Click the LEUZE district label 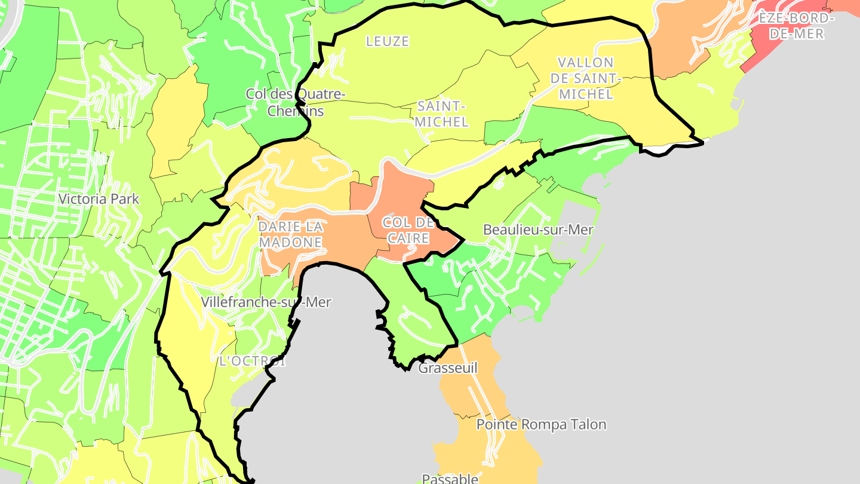388,41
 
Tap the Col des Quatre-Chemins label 295,102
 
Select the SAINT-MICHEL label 441,114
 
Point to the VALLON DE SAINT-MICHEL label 585,78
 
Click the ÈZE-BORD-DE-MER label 794,26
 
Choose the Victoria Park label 99,199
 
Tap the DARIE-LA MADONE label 291,234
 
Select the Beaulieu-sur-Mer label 538,229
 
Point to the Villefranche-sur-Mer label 266,302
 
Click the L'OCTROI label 252,361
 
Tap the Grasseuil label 448,367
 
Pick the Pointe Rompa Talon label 541,424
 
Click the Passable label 450,478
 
